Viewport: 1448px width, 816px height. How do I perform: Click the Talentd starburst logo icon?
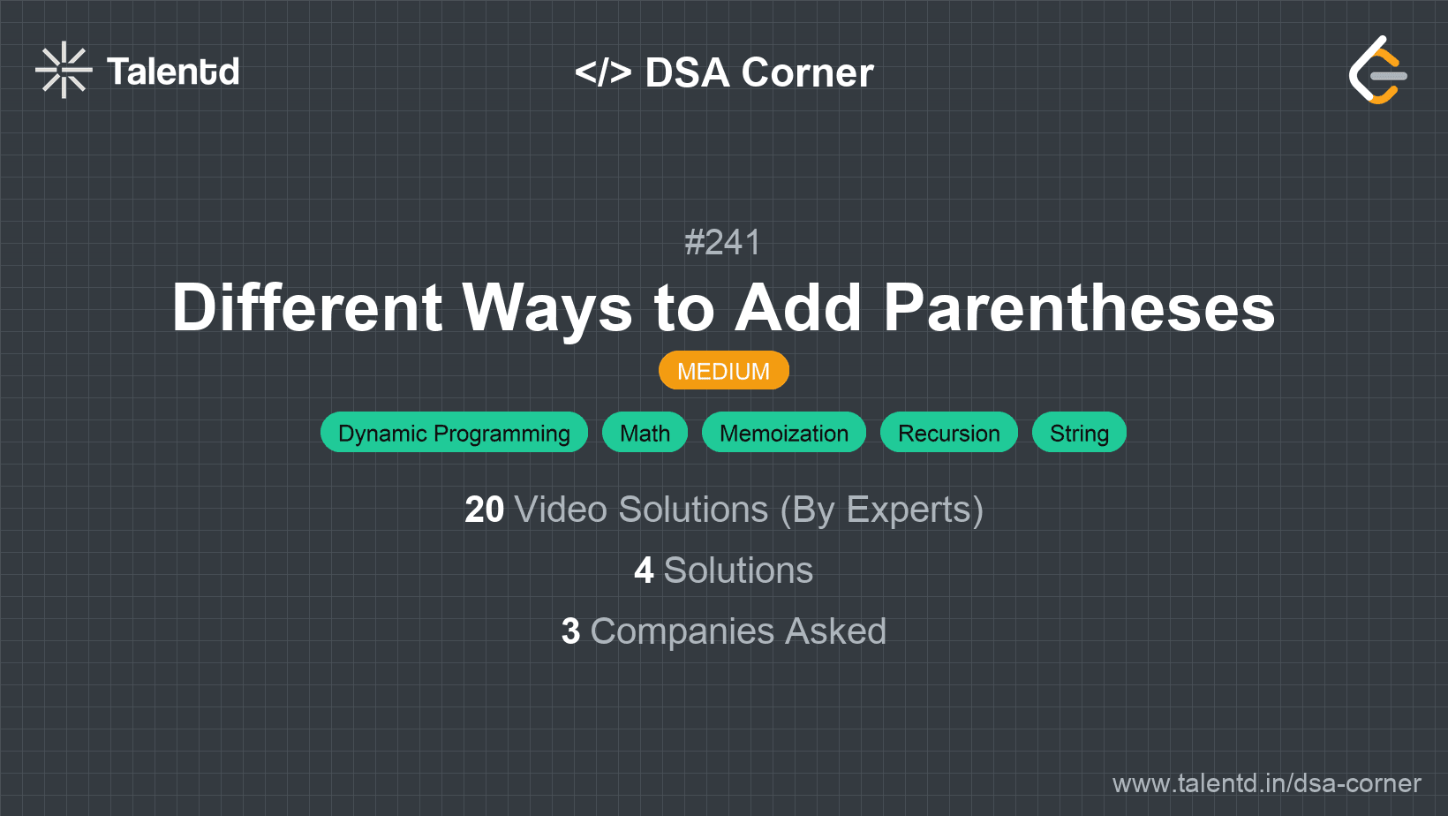click(x=64, y=70)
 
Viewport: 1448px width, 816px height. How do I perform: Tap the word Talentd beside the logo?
click(x=173, y=72)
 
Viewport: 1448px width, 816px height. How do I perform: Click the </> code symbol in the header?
click(x=603, y=72)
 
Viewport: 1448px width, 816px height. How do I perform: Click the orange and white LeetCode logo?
click(x=1377, y=70)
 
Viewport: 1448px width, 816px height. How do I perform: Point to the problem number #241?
click(x=723, y=242)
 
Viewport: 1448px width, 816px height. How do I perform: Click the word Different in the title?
click(x=307, y=308)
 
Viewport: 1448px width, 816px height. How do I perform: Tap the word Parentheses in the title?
click(x=1079, y=308)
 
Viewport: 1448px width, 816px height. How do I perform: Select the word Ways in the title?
click(x=547, y=308)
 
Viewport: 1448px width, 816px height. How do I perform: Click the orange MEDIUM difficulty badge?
click(x=723, y=371)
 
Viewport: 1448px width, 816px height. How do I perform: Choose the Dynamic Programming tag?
click(x=454, y=433)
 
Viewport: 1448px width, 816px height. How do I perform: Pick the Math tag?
click(x=645, y=433)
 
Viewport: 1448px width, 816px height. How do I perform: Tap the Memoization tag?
click(x=783, y=433)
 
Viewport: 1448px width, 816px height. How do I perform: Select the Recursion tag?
click(x=948, y=433)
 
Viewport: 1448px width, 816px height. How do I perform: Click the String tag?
click(x=1079, y=433)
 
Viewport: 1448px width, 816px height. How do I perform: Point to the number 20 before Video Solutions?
click(x=484, y=510)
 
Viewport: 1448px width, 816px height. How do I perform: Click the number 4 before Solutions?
click(x=644, y=570)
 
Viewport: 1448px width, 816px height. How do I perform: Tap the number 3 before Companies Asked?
click(x=570, y=631)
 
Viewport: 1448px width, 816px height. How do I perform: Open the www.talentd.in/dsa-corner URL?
click(x=1266, y=783)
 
